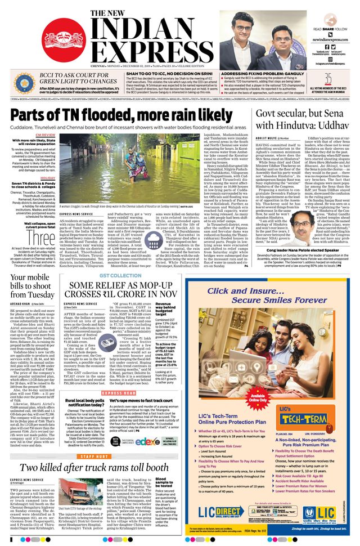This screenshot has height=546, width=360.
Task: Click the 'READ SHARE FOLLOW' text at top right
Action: (330, 28)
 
